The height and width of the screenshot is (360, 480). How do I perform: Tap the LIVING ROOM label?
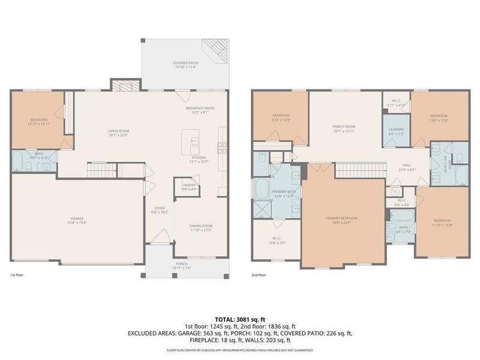click(x=118, y=131)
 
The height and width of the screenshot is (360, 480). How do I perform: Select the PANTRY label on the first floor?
click(x=189, y=185)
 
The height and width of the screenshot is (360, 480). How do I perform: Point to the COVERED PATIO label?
click(x=185, y=63)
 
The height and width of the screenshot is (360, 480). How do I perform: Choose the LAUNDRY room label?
click(x=396, y=129)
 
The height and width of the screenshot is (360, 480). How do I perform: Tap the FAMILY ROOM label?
click(x=344, y=127)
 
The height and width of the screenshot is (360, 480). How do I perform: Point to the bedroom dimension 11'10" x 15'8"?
click(x=445, y=226)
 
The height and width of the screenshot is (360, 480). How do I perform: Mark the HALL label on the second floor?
click(x=407, y=166)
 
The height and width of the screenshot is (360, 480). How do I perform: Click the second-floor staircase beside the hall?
click(x=358, y=170)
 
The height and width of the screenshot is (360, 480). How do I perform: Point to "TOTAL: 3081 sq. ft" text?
click(x=240, y=319)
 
